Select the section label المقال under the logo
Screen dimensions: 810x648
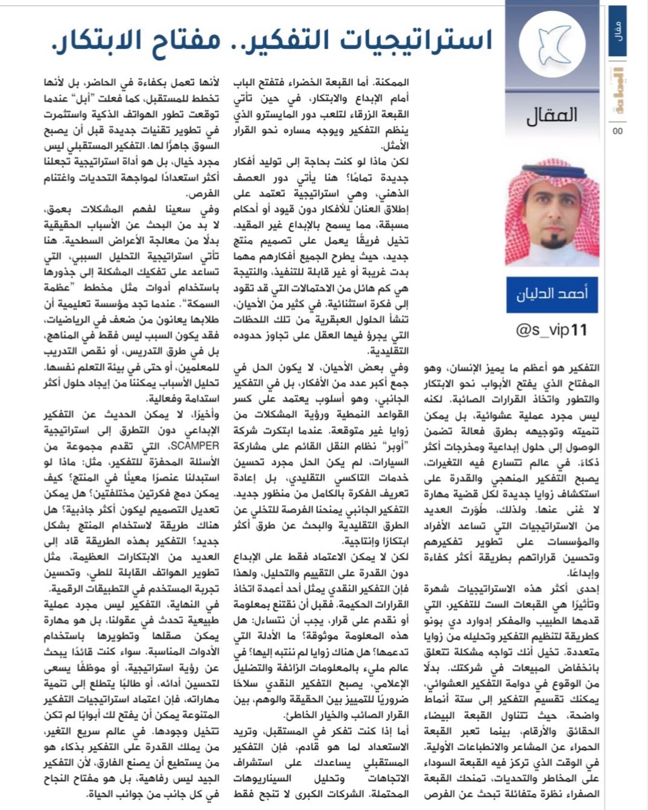point(552,115)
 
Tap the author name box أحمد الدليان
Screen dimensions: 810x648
point(552,294)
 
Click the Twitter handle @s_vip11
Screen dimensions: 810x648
point(552,330)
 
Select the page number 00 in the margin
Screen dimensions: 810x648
point(618,131)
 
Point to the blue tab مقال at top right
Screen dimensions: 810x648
point(618,31)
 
